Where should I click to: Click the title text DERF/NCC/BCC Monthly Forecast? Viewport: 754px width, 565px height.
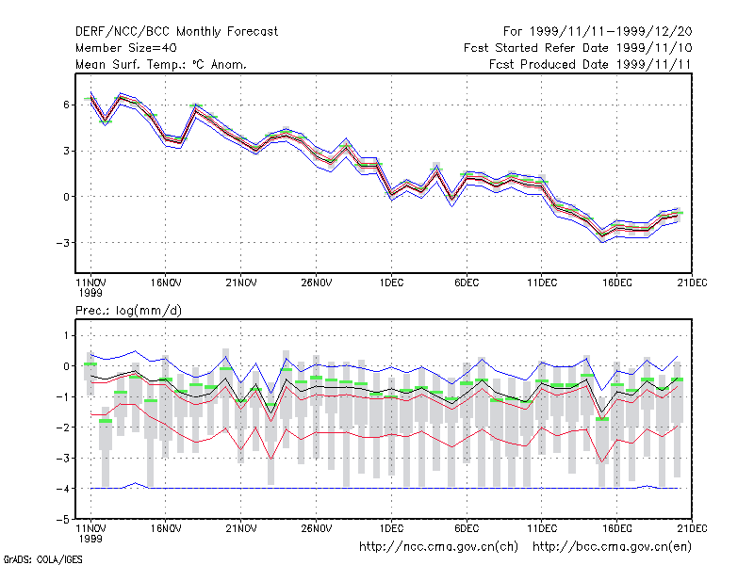point(176,32)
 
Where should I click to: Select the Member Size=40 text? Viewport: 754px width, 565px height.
point(126,48)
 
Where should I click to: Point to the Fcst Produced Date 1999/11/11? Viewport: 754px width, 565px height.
point(590,64)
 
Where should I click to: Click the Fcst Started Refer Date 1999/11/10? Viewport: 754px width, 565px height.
point(578,48)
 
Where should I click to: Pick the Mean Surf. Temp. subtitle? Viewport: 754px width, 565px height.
point(161,64)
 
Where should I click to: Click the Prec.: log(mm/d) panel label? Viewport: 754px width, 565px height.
point(128,311)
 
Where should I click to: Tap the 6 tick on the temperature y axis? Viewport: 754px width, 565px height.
point(66,105)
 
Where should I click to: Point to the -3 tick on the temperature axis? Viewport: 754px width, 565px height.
point(62,243)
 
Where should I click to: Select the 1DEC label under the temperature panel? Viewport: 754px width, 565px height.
point(391,283)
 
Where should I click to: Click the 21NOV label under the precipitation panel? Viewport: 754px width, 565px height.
point(241,528)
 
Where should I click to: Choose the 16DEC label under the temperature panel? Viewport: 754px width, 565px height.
point(617,283)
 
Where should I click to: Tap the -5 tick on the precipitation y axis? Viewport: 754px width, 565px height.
point(62,520)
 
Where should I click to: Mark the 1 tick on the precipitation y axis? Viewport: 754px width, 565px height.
point(67,335)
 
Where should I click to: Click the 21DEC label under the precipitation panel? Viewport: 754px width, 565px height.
point(692,528)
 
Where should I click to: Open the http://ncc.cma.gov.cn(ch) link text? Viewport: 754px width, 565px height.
point(438,547)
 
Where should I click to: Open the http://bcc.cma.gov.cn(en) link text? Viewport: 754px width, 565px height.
point(612,547)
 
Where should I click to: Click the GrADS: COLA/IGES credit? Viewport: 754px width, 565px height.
point(42,559)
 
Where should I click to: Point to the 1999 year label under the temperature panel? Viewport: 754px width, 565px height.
point(90,293)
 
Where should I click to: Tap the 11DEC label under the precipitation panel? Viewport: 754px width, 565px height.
point(542,528)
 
